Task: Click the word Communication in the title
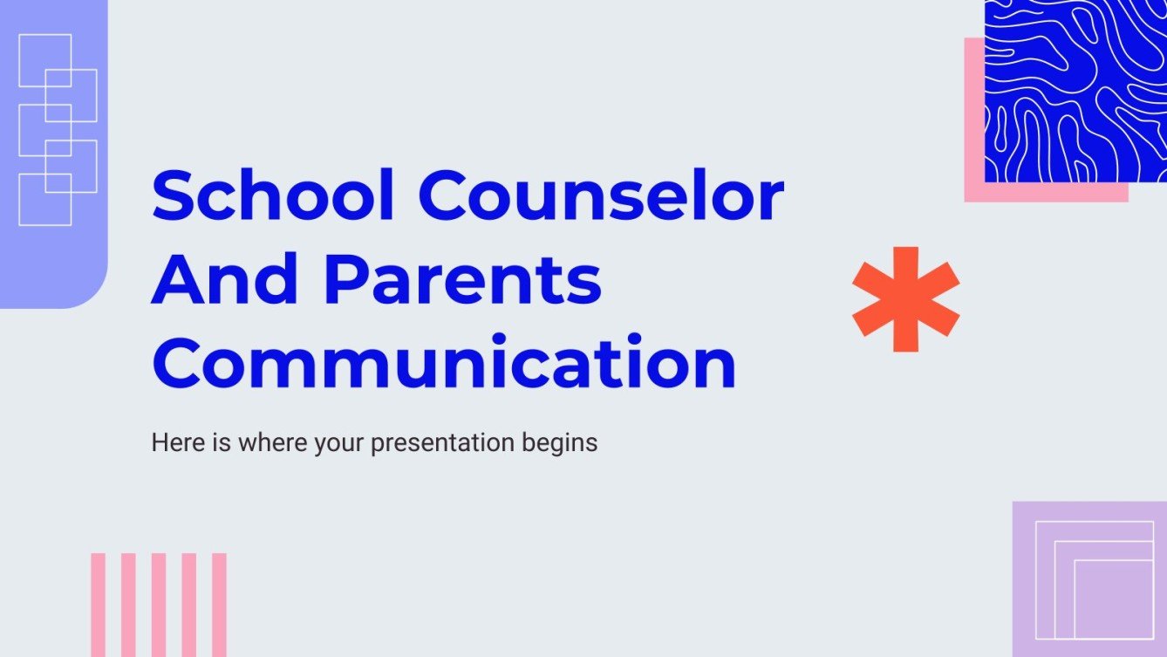coord(444,364)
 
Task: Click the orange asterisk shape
coord(905,299)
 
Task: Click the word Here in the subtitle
coord(171,442)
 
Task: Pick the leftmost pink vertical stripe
coord(99,604)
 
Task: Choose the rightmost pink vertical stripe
coord(219,604)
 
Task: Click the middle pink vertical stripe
coord(159,604)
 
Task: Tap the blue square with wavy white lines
coord(1075,91)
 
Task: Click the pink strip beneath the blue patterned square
coord(1047,193)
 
